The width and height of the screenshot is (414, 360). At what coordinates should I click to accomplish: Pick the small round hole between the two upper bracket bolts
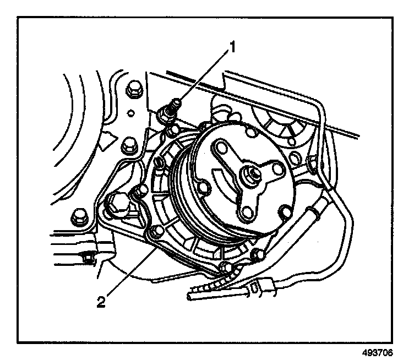132,115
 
